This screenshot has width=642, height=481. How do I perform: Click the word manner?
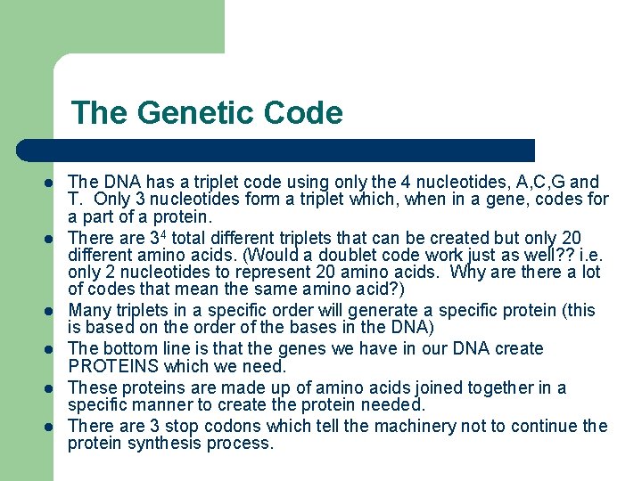[x=159, y=404]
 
